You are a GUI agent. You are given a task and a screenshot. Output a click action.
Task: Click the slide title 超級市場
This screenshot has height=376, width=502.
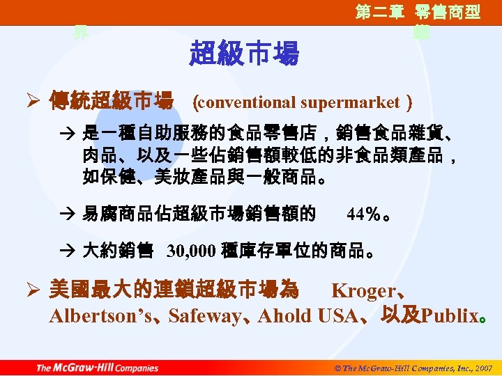pyautogui.click(x=243, y=53)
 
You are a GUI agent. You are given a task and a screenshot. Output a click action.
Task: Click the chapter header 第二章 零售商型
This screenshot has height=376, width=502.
pyautogui.click(x=418, y=13)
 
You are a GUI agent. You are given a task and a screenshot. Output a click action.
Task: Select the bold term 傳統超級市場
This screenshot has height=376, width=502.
pyautogui.click(x=111, y=103)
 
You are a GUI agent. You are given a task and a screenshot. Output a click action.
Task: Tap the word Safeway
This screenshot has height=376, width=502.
pyautogui.click(x=204, y=316)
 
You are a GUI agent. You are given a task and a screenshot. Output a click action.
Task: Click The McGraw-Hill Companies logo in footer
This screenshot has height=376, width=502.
pyautogui.click(x=97, y=368)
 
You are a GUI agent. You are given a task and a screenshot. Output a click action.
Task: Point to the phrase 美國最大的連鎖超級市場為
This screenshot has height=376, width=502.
pyautogui.click(x=174, y=290)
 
